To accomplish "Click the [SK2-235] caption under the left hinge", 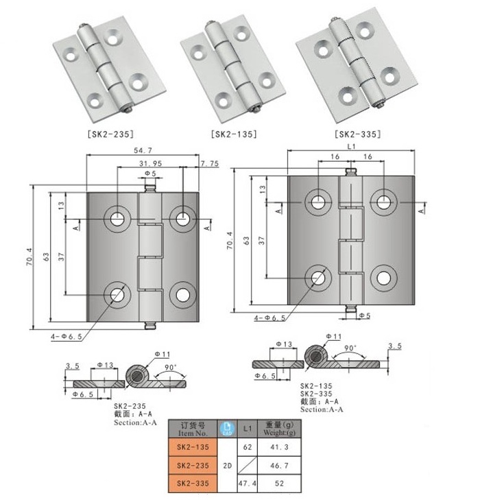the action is [110, 134].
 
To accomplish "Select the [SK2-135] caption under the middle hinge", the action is [234, 134].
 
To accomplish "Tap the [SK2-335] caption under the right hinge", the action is [358, 134].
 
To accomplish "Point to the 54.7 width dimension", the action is [143, 150].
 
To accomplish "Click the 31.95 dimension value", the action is [150, 163].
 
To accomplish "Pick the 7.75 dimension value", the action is [209, 164].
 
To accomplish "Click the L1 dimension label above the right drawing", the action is [351, 146].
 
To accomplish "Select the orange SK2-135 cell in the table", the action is [193, 447].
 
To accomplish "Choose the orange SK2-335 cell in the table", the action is [193, 484].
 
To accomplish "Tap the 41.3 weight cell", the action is [279, 447].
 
